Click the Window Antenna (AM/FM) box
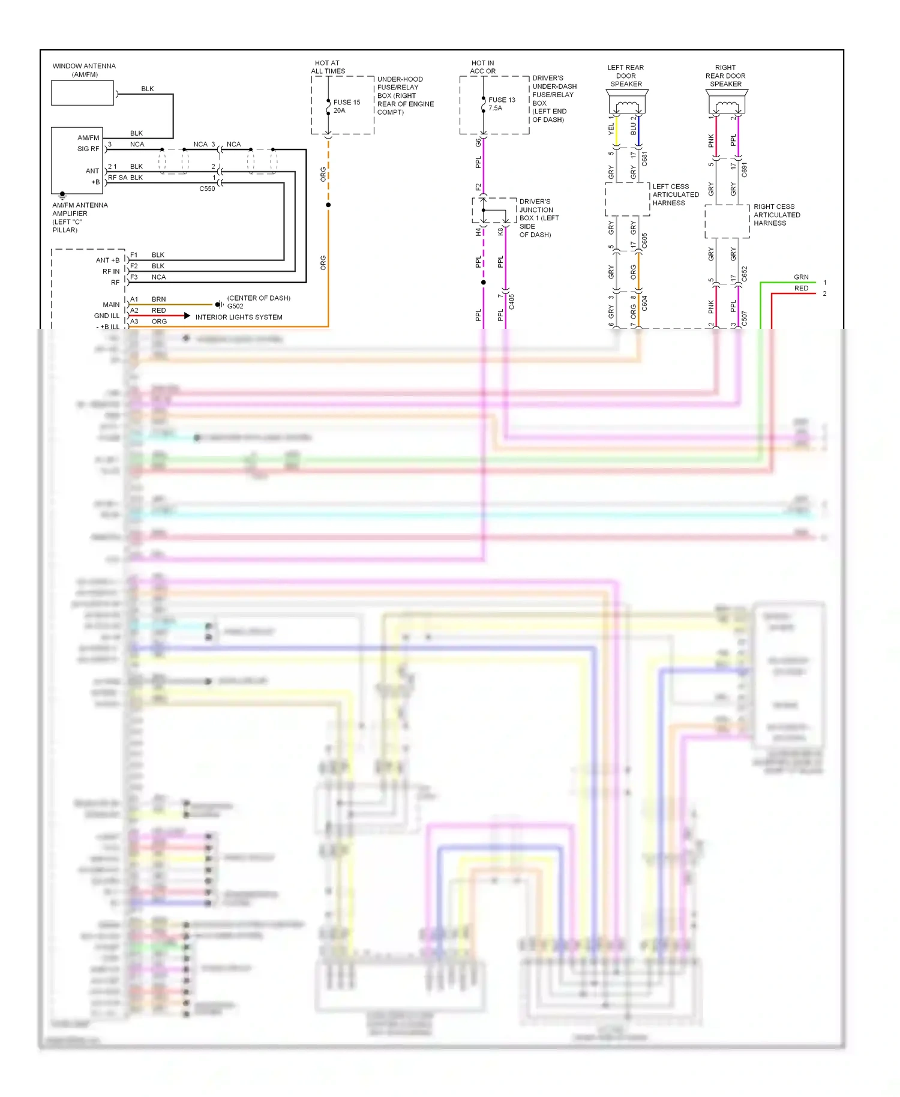pos(82,94)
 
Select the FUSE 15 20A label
pos(346,106)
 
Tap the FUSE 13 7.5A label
pos(501,104)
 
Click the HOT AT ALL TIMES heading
pos(328,67)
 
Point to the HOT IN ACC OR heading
pos(482,67)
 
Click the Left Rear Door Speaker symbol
pos(627,104)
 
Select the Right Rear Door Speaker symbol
pos(727,104)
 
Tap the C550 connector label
pos(207,188)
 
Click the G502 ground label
pos(235,306)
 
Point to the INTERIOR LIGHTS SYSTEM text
pos(238,317)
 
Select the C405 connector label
pos(512,301)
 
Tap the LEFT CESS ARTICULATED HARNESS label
pos(675,194)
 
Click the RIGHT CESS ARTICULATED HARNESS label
pos(776,215)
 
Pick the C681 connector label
pos(644,158)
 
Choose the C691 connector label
pos(744,169)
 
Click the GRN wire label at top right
pos(801,277)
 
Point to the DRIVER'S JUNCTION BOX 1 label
pos(538,218)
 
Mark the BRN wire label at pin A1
pos(158,299)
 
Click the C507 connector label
pos(744,318)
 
